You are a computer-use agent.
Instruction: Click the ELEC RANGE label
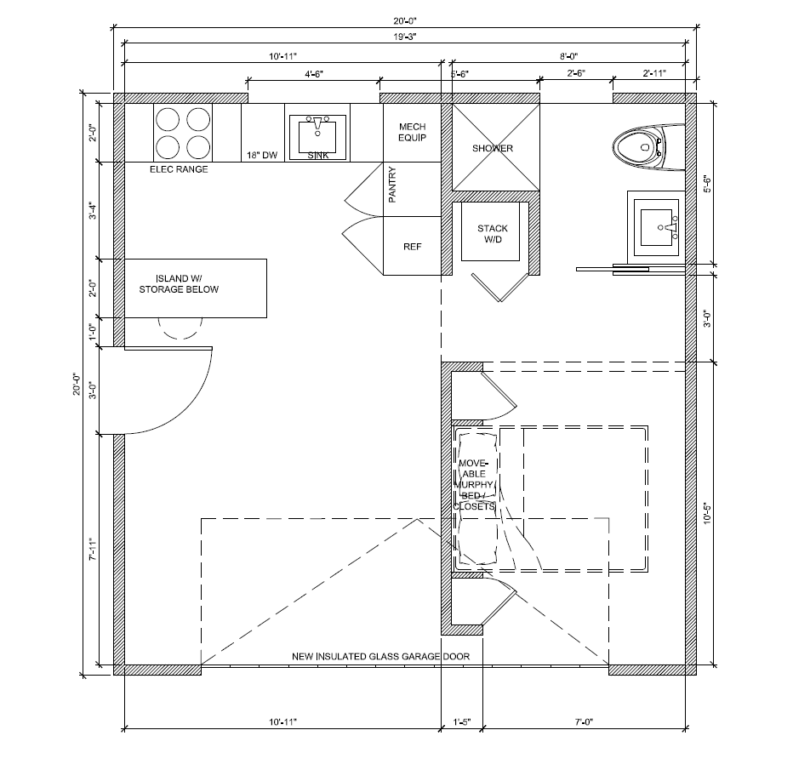(x=179, y=169)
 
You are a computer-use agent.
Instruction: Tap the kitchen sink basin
(x=319, y=135)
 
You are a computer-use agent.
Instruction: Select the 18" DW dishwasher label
(x=261, y=155)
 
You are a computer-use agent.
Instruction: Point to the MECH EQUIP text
(x=412, y=132)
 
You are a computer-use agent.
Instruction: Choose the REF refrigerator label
(x=413, y=247)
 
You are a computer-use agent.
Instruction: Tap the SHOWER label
(x=493, y=148)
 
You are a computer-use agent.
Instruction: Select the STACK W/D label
(x=493, y=233)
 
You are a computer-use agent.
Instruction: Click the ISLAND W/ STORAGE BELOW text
(x=186, y=284)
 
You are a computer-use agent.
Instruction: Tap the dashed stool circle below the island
(x=180, y=328)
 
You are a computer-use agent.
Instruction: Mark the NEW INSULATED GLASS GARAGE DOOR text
(x=380, y=657)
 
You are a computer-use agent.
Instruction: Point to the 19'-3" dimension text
(x=405, y=37)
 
